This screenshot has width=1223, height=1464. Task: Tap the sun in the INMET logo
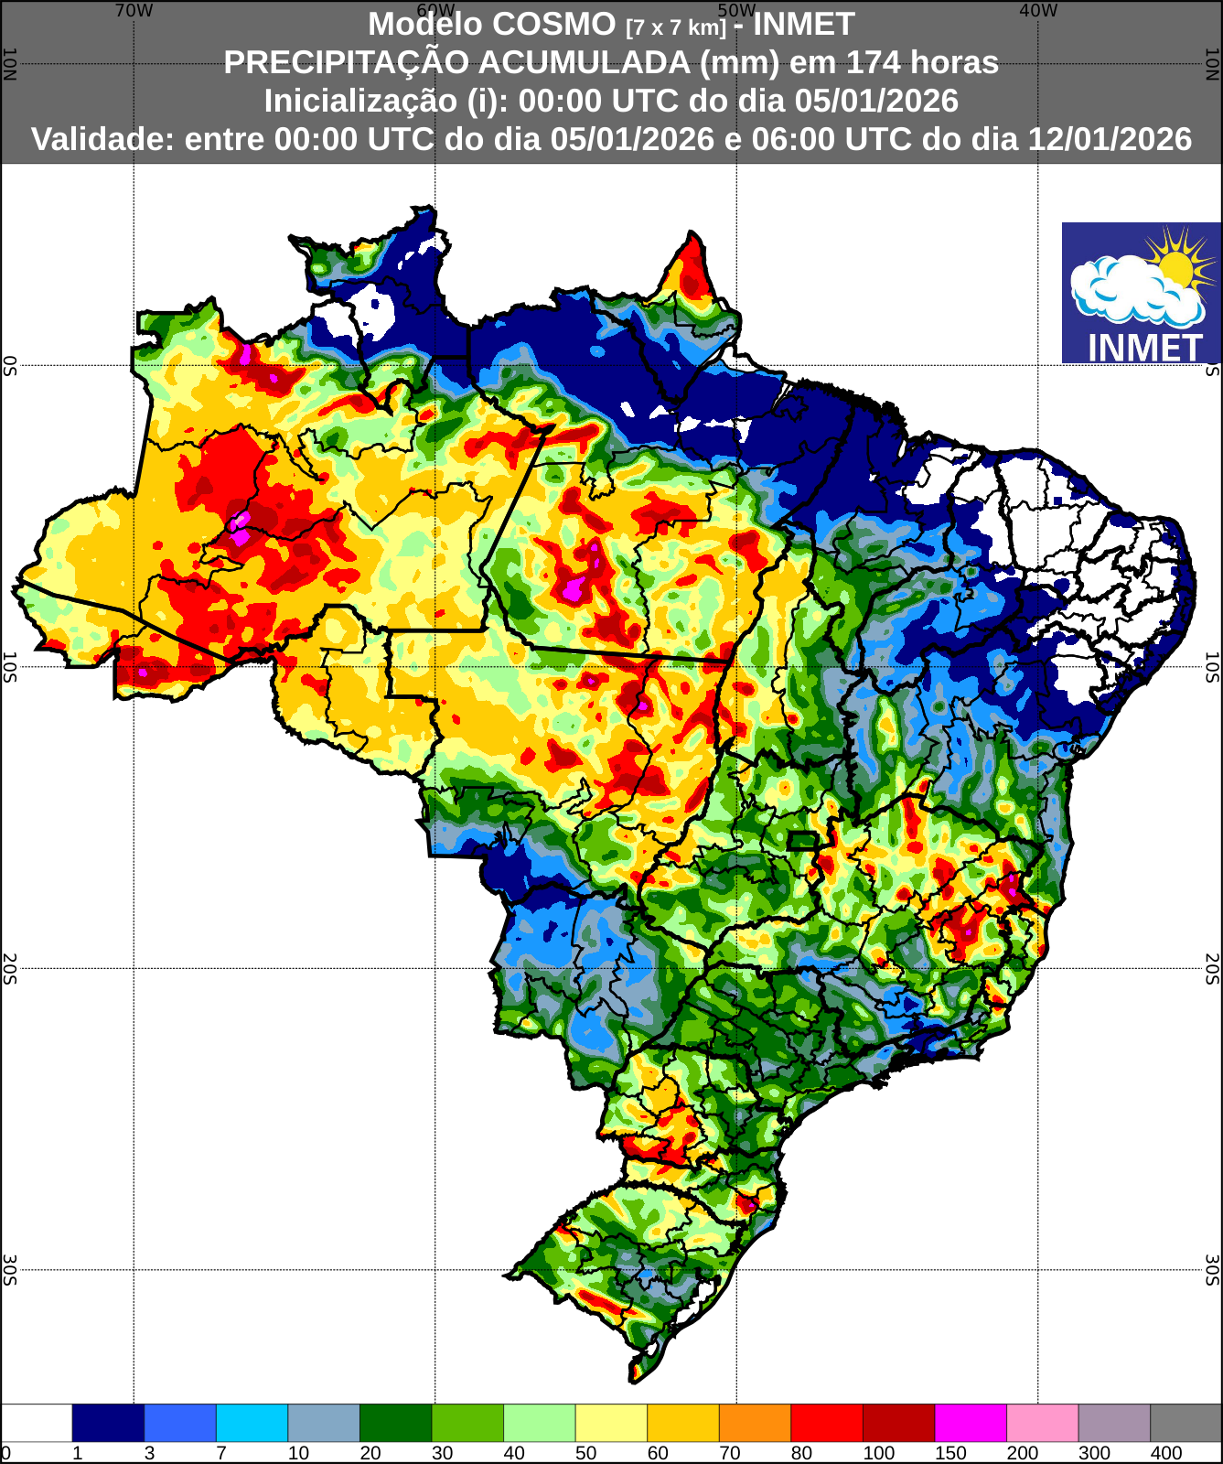1175,266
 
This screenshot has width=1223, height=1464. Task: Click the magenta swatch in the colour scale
971,1423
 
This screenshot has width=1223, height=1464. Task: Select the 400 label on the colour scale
1166,1453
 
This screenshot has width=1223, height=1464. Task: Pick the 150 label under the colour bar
950,1453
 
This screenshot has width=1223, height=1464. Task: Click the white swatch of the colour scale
37,1423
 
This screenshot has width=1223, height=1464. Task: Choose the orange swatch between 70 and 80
755,1423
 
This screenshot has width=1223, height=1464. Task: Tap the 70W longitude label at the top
134,11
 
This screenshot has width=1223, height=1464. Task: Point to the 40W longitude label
1038,11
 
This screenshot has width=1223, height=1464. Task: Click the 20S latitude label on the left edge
9,968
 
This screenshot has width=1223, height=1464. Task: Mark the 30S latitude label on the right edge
1213,1269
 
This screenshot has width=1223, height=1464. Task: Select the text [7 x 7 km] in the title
676,27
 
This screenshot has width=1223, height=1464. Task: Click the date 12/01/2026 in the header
1110,139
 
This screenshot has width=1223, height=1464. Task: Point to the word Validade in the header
103,139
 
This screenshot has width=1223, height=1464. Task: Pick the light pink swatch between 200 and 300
1042,1423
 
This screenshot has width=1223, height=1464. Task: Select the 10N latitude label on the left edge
9,64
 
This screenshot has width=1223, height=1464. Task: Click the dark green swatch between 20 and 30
395,1423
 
